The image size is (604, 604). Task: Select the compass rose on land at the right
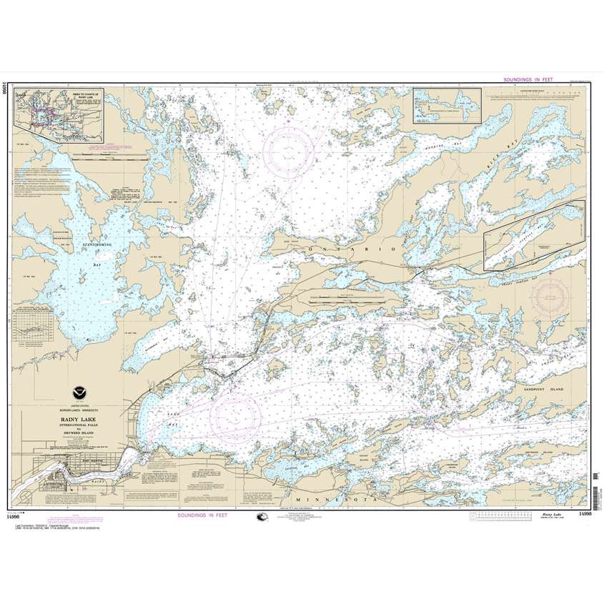[548, 294]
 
